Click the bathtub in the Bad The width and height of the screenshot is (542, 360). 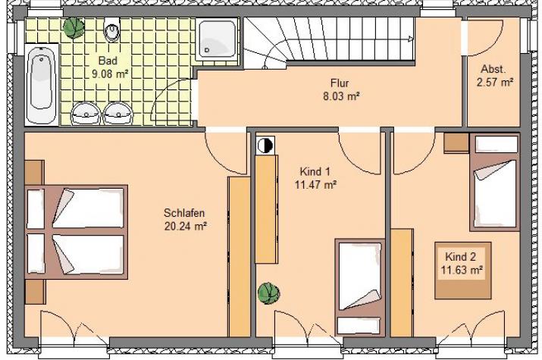(x=42, y=85)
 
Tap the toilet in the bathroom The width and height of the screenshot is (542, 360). (x=111, y=30)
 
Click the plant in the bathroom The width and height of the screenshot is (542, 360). (x=74, y=27)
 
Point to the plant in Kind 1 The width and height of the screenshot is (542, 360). (x=268, y=293)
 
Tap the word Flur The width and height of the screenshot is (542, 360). (x=340, y=83)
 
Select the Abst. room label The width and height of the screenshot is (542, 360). (x=493, y=69)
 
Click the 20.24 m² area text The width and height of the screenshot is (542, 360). (x=186, y=227)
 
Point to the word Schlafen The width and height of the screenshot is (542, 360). (x=184, y=212)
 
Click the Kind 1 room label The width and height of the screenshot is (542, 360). (x=315, y=171)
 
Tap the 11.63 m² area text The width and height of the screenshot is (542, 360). (x=462, y=270)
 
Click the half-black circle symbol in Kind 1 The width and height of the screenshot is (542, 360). (x=265, y=145)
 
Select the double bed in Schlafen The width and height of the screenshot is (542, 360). (x=77, y=232)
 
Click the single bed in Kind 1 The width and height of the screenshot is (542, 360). (x=359, y=287)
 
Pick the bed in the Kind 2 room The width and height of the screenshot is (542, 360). (x=495, y=183)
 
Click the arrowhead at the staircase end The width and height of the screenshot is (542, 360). (x=411, y=39)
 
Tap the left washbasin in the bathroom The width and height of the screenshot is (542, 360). (x=85, y=113)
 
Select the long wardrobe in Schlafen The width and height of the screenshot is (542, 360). (x=239, y=257)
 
